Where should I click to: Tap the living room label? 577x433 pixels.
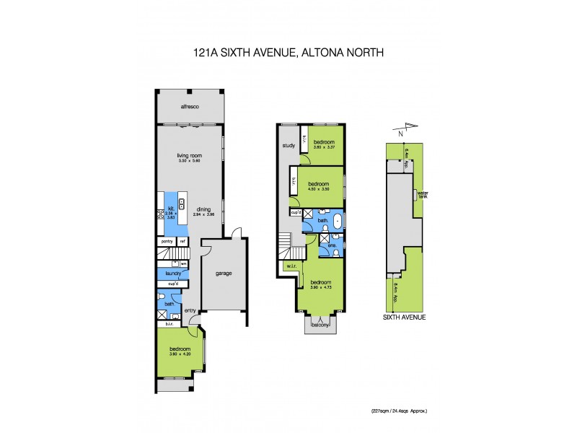pos(188,155)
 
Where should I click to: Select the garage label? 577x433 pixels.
pos(223,274)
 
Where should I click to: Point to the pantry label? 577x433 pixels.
pos(167,241)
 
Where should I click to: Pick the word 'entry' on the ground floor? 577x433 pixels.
pos(190,310)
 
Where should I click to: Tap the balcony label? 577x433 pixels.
pos(320,325)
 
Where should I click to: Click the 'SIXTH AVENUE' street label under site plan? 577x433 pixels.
pos(405,317)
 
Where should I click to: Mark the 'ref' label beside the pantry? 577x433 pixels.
pos(183,241)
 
